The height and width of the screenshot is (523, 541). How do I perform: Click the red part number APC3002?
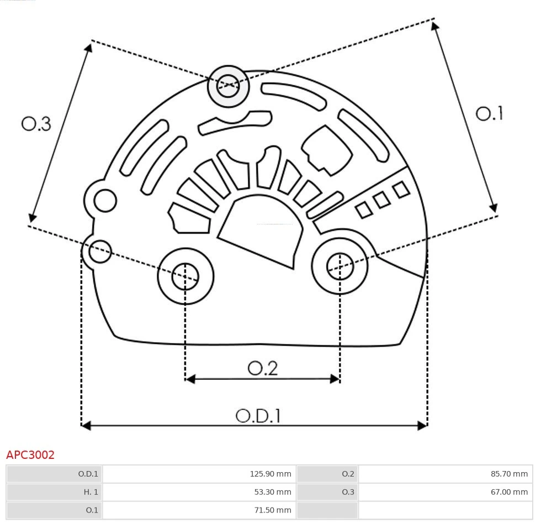tap(30, 455)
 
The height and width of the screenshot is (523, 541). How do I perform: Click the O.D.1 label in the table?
tap(88, 474)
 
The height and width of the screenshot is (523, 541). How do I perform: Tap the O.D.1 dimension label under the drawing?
tap(258, 416)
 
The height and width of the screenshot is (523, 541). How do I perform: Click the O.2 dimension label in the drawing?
tap(262, 368)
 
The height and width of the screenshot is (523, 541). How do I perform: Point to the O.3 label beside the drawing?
tap(36, 124)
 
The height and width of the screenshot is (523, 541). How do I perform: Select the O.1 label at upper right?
tap(489, 113)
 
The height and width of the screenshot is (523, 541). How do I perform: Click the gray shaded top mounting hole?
tap(228, 86)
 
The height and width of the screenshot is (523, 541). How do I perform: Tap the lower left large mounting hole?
tap(185, 276)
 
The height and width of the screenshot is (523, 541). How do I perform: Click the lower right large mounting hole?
tap(340, 266)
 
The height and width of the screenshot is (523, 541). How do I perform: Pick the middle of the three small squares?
tap(382, 200)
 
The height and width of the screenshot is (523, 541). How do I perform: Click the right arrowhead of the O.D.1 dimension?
tap(422, 425)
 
